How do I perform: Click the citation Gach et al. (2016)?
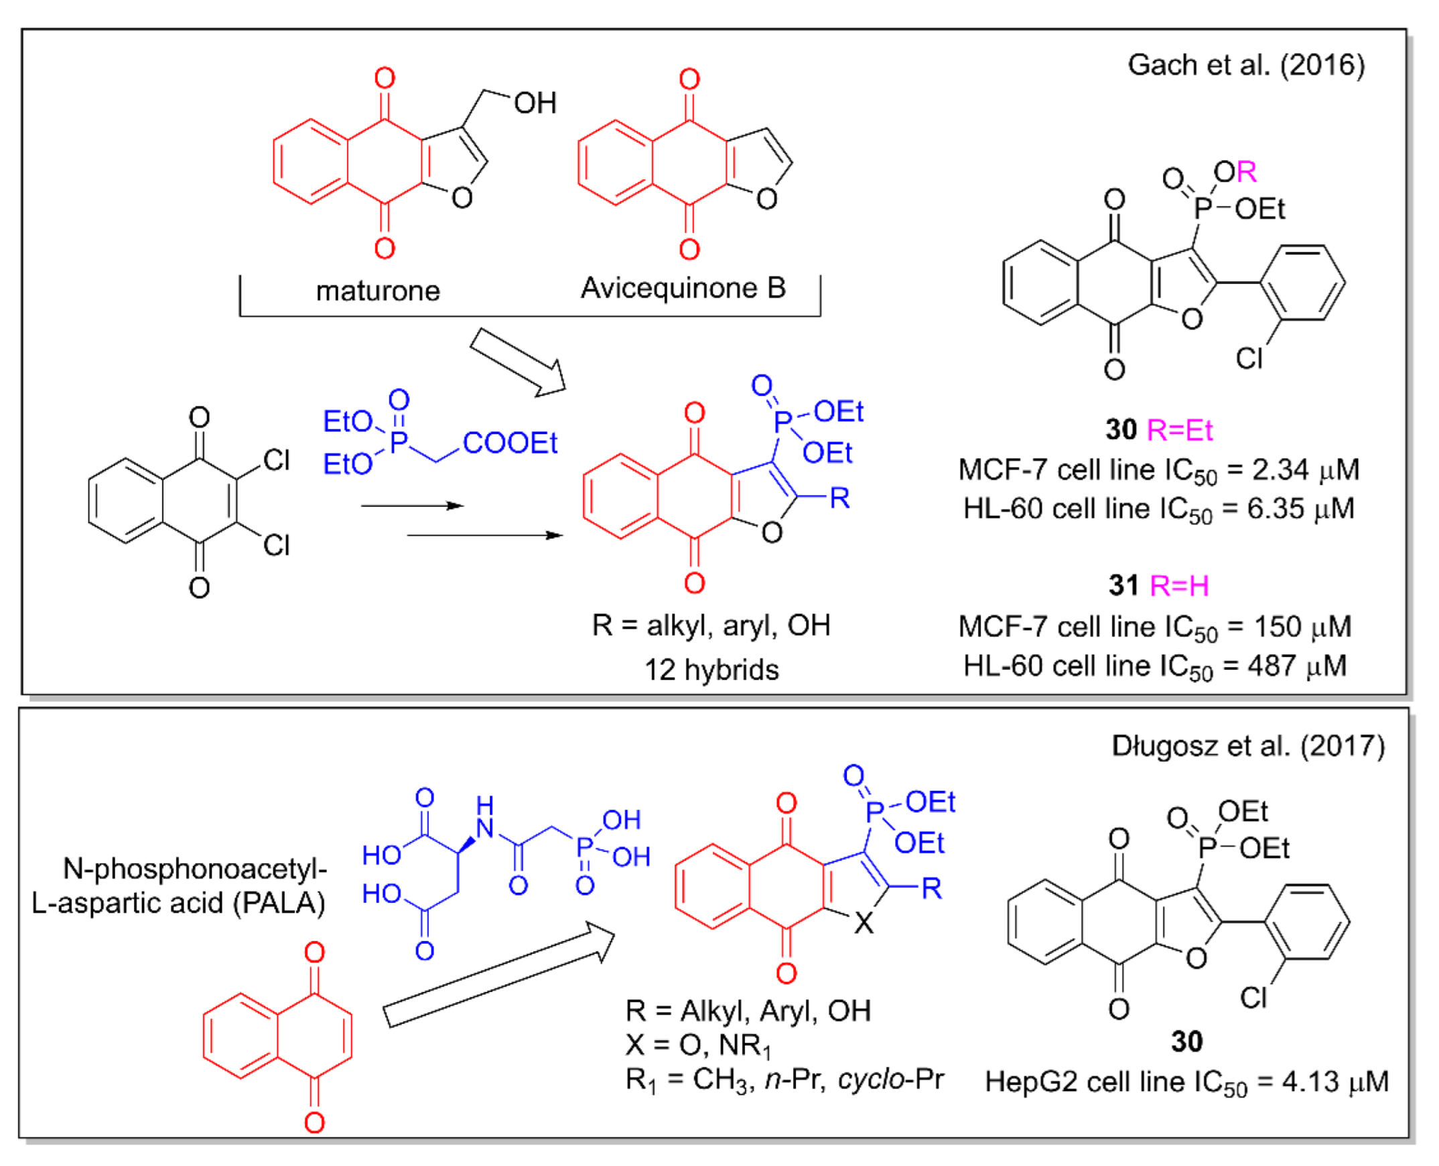coord(1245,65)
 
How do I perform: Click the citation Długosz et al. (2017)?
coord(1248,746)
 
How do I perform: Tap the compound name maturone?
coord(379,291)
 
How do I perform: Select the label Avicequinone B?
coord(683,288)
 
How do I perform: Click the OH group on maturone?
coord(535,103)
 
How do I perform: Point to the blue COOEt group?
coord(510,443)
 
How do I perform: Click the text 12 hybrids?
coord(711,670)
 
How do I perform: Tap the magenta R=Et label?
coord(1180,430)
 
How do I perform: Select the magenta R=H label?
coord(1180,586)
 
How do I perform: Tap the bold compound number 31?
coord(1123,586)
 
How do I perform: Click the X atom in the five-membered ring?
coord(864,924)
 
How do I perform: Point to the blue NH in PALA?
coord(484,818)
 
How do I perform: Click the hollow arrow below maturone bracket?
coord(518,362)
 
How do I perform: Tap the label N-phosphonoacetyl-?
coord(195,869)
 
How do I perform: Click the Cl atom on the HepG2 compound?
coord(1253,998)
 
